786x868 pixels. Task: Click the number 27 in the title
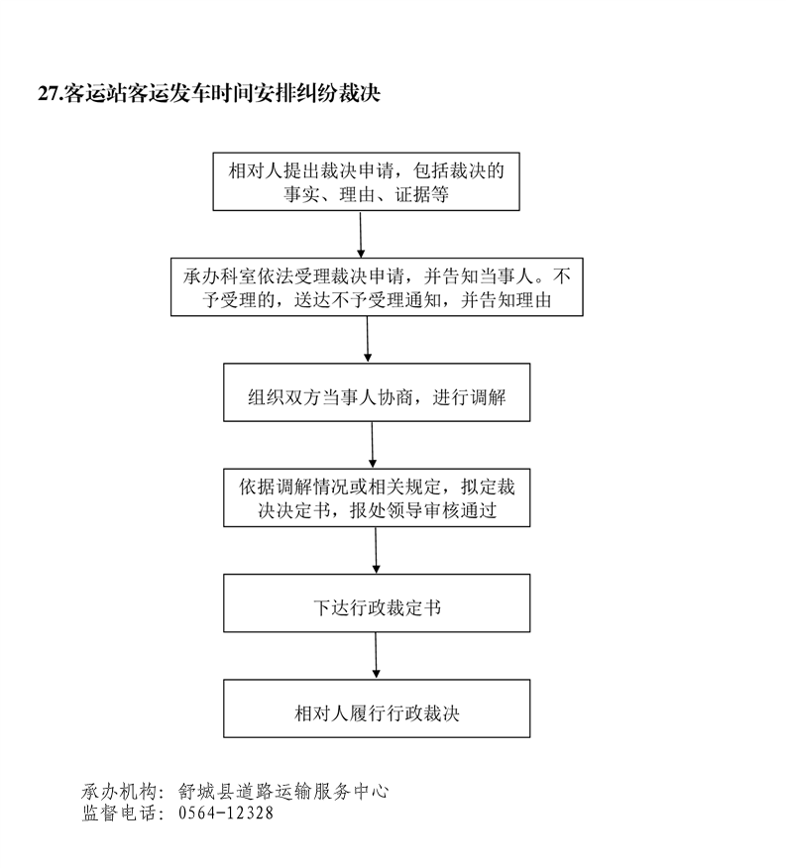coord(48,93)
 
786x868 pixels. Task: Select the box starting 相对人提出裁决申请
coord(366,181)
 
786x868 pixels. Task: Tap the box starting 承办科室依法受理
coord(377,286)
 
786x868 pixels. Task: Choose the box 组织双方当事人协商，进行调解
coord(377,392)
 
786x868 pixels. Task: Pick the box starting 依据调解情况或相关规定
coord(377,497)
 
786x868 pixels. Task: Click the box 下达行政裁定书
coord(377,602)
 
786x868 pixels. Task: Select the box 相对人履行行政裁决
coord(377,708)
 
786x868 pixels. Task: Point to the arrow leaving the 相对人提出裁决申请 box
coord(361,234)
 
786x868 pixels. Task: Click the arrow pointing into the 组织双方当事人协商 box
coord(368,339)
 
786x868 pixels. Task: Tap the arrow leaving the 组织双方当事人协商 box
coord(373,445)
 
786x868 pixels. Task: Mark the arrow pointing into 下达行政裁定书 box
coord(376,550)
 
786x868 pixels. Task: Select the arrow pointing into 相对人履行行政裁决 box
coord(376,655)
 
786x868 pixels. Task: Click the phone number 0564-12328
coord(226,813)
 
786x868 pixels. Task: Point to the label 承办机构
coord(119,792)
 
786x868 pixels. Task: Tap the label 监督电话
coord(119,813)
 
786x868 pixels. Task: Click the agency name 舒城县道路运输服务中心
coord(283,792)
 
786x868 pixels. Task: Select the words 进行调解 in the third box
coord(469,397)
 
